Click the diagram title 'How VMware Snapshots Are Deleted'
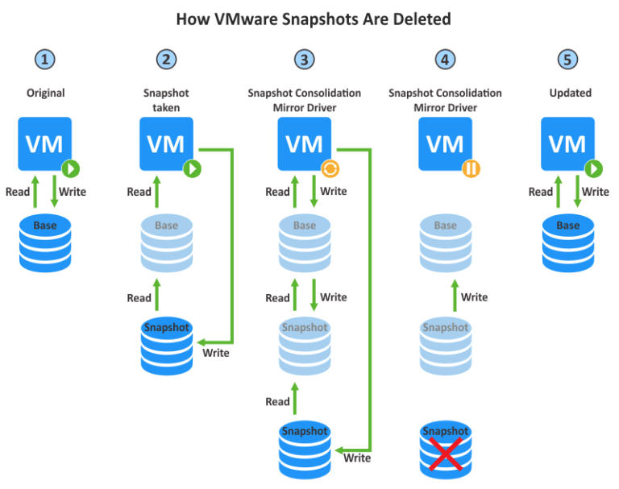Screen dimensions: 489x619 pos(309,18)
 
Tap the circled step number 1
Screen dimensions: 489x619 pos(44,60)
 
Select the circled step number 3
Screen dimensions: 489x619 pos(304,60)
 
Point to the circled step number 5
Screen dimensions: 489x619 pos(570,60)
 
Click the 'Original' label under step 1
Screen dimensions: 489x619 pos(44,93)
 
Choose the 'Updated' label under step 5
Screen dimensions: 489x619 pos(570,93)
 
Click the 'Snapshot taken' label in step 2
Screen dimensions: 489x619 pos(166,100)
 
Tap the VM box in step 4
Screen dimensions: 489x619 pos(445,143)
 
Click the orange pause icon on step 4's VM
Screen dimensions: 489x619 pos(471,169)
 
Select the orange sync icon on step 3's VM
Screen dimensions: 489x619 pos(330,169)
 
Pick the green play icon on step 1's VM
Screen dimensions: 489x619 pos(70,169)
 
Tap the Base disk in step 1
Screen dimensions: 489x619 pos(44,240)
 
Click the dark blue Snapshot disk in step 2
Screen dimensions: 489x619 pos(166,343)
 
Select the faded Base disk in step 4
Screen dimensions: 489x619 pos(445,240)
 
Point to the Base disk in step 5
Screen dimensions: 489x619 pos(568,240)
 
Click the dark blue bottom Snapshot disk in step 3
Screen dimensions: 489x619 pos(304,445)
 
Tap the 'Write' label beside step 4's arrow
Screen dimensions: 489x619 pos(474,297)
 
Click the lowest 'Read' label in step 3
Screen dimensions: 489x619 pos(277,401)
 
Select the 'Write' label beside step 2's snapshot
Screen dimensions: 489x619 pos(215,353)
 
